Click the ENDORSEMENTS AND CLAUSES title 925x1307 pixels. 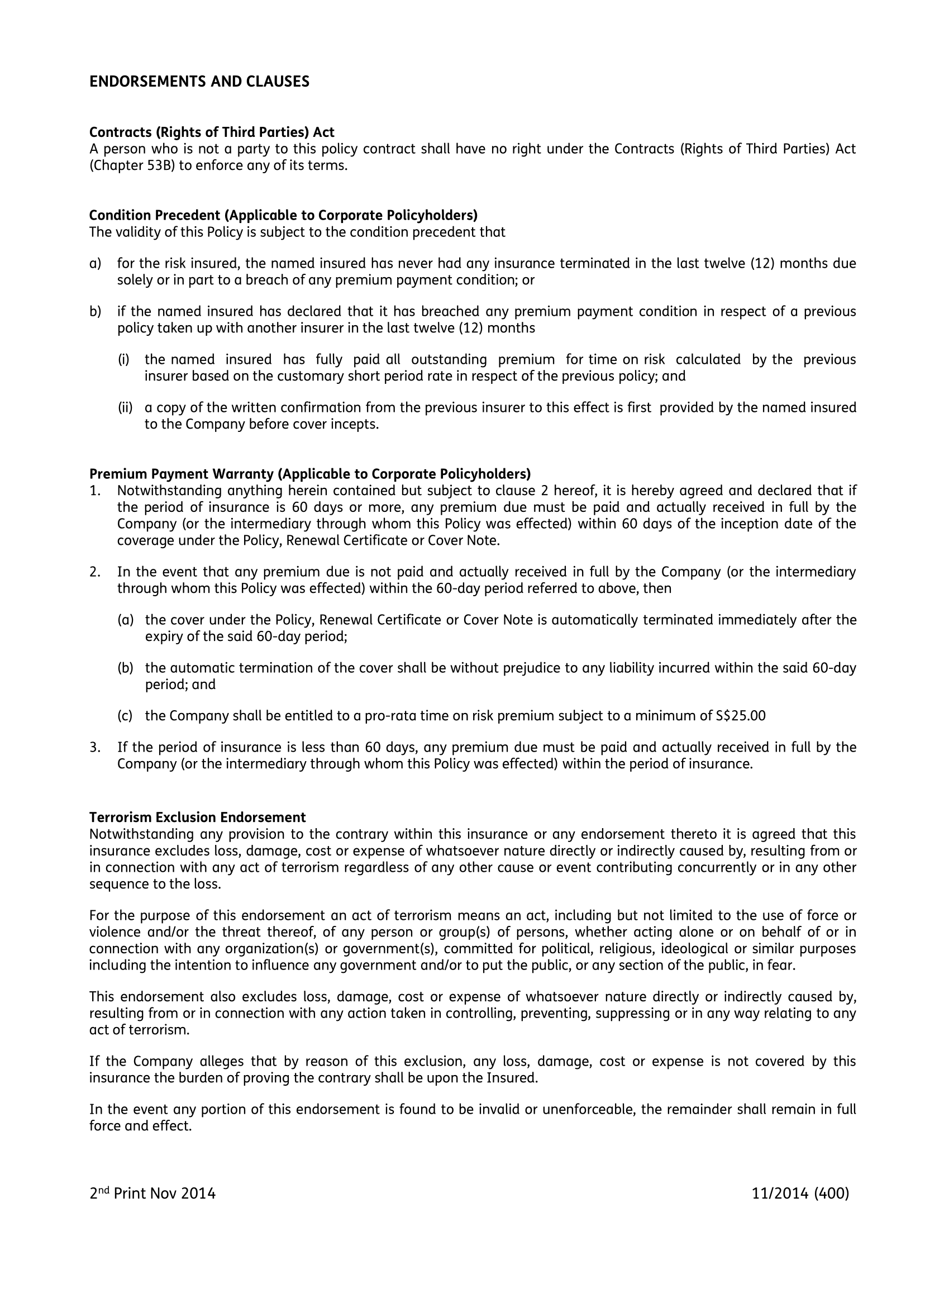(199, 82)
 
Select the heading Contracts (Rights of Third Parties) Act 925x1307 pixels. (212, 132)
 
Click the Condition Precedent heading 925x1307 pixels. (283, 215)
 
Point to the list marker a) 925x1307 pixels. (95, 263)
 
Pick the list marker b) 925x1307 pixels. (95, 311)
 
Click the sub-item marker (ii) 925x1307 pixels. (125, 407)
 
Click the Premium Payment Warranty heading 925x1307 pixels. (310, 474)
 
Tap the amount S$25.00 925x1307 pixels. (741, 716)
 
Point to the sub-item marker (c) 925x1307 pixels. (125, 716)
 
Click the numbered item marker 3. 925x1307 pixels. (94, 747)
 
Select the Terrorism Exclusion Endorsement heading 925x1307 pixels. (198, 818)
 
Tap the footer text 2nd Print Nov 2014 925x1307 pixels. (152, 1194)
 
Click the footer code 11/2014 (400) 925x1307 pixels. (800, 1194)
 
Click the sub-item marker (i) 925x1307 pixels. (123, 359)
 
